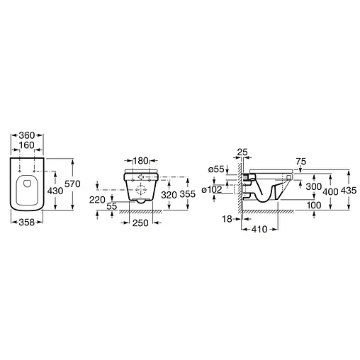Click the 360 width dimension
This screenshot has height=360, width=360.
[x=27, y=135]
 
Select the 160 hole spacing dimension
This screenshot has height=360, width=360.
[x=27, y=145]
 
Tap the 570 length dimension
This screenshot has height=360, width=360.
[x=72, y=184]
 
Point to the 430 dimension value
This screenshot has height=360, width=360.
[x=55, y=191]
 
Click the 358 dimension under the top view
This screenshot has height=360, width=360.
[x=27, y=223]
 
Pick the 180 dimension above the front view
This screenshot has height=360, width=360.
[x=140, y=161]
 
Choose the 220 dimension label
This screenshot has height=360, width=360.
[x=97, y=200]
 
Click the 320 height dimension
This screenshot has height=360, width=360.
[x=169, y=195]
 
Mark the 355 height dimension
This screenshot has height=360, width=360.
[x=188, y=194]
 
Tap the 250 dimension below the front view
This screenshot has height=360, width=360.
[x=140, y=223]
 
